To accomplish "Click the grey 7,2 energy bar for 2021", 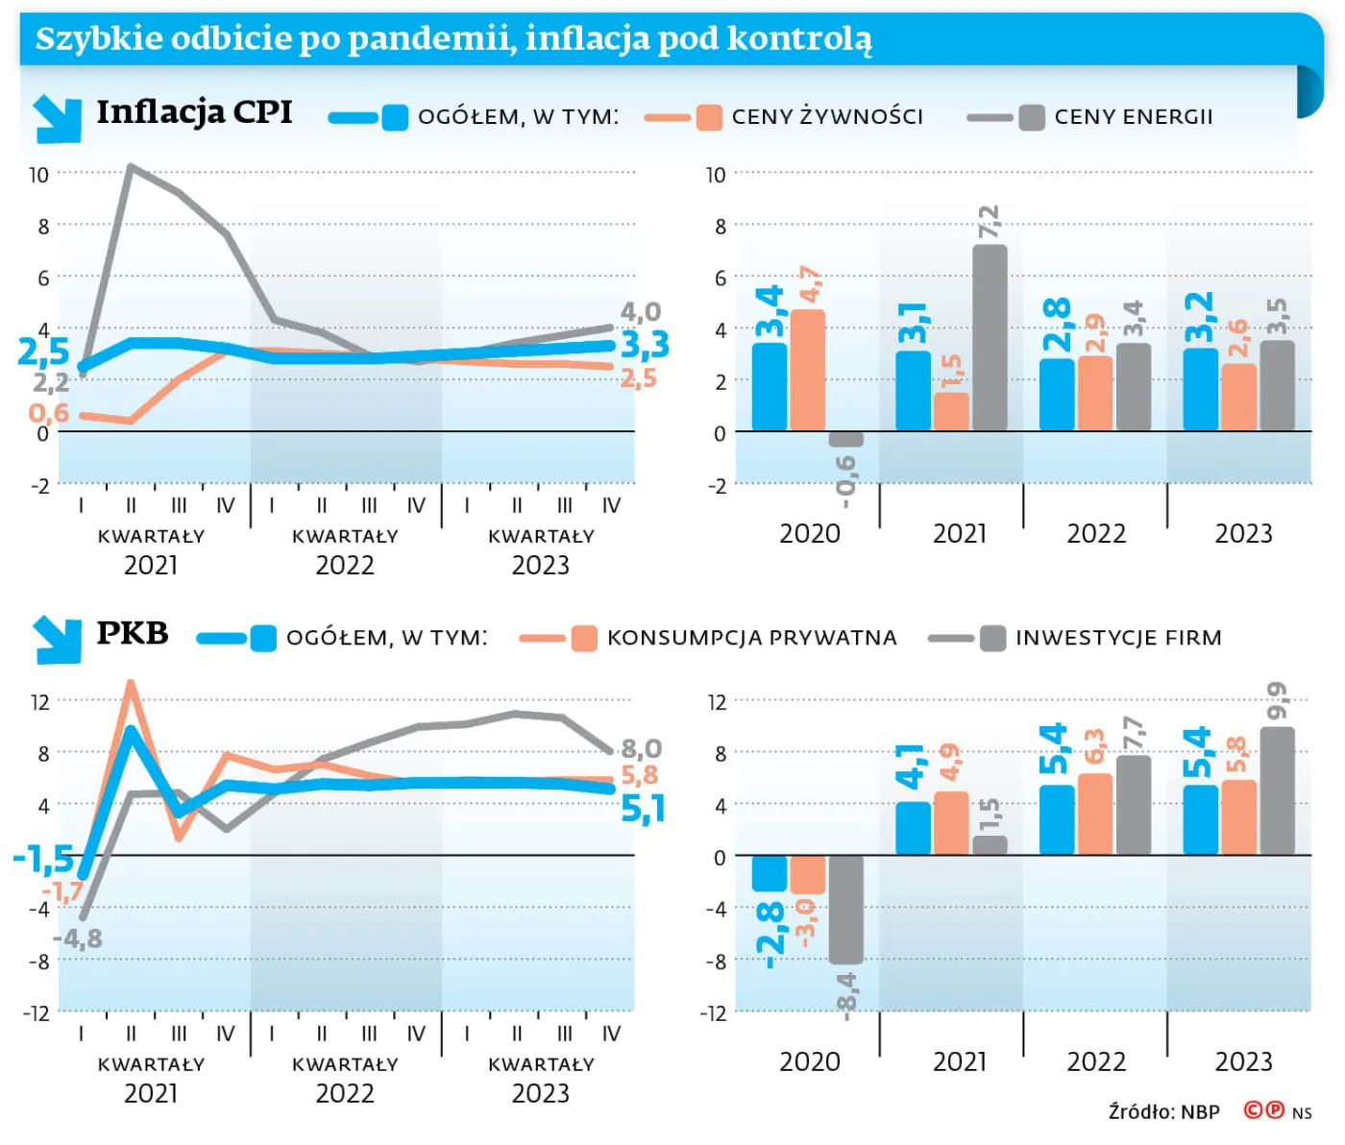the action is point(990,338).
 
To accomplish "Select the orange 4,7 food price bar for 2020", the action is point(808,370).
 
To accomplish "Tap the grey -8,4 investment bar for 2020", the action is point(845,910).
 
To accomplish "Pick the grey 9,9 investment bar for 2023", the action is point(1277,792).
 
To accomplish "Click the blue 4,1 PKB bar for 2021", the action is point(913,829).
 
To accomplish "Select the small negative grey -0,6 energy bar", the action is point(845,438).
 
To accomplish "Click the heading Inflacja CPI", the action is point(195,111).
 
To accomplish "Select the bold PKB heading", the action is point(133,633).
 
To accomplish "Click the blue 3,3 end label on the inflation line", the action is point(645,345).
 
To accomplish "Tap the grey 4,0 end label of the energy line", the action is point(640,312).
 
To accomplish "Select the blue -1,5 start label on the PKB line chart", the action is point(44,859).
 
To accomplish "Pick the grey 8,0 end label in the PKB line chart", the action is point(642,749).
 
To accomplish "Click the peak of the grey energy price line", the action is point(131,166).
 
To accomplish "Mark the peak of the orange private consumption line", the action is point(131,683).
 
